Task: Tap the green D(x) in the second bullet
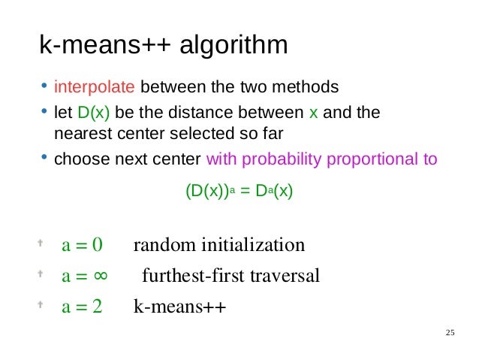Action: (94, 113)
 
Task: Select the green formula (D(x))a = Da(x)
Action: (239, 192)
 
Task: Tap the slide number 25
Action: (450, 333)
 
